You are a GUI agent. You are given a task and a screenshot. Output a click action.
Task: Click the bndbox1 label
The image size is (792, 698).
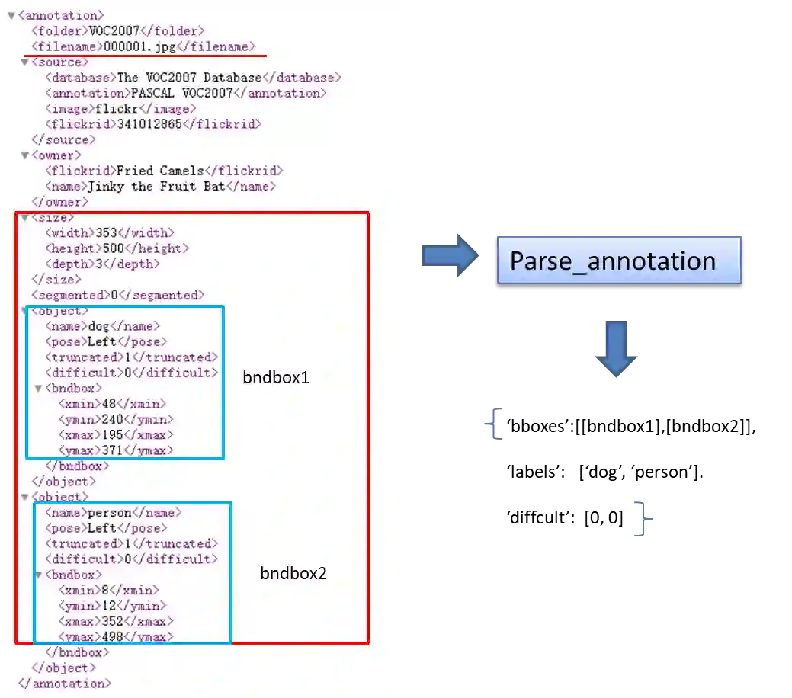[276, 376]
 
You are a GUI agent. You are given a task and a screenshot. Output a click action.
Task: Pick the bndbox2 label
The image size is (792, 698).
[293, 573]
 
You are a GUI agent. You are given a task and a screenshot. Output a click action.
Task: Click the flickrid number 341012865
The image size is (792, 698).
[149, 124]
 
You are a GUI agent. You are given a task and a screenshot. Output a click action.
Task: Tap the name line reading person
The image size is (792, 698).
[113, 513]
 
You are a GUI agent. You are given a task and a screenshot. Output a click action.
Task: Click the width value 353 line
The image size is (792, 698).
[109, 232]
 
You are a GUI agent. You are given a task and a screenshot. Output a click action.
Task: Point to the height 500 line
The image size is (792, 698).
[117, 248]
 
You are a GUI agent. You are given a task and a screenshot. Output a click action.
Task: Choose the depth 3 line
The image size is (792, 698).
[102, 264]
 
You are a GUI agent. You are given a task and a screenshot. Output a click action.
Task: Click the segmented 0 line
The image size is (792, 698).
[117, 295]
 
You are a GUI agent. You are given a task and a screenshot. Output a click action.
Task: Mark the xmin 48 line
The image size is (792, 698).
[112, 404]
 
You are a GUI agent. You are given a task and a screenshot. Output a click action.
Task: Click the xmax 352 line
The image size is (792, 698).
[116, 621]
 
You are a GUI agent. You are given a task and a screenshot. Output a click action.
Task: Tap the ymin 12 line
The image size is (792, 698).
[111, 606]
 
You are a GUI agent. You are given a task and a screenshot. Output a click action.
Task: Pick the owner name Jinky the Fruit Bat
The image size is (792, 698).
[160, 186]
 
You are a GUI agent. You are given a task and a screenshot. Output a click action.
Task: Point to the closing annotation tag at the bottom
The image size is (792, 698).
[65, 684]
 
